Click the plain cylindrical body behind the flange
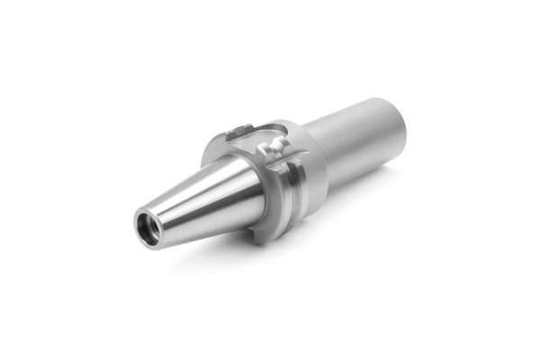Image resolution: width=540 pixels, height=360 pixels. point(355,135)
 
